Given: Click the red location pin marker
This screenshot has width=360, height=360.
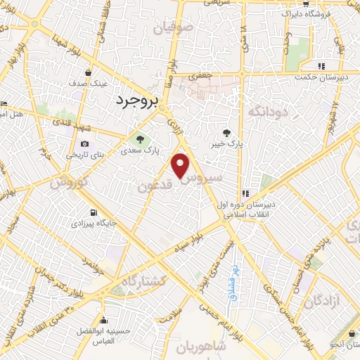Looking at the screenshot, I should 181,166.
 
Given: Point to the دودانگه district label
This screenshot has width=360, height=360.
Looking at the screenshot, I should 266,111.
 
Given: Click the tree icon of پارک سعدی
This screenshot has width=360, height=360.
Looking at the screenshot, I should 140,138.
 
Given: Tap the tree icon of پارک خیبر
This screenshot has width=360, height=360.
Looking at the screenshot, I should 226,132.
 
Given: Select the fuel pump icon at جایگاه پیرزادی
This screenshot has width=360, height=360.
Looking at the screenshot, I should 92,212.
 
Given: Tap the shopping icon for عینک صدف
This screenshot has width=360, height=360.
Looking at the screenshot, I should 88,72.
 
